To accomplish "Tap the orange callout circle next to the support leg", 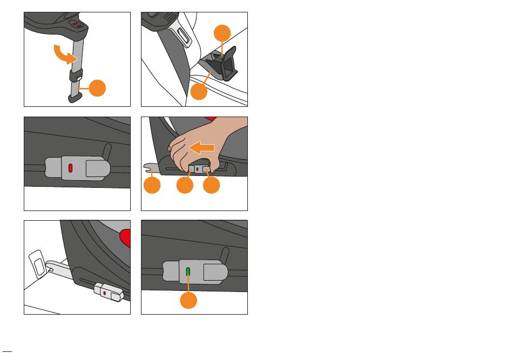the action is click(97, 88).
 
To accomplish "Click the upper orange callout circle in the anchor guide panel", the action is click(222, 34).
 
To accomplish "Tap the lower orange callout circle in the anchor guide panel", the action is click(199, 91).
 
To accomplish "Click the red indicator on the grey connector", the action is click(71, 167).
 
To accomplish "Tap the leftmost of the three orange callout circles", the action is click(153, 186).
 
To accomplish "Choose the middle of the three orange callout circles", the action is click(185, 186).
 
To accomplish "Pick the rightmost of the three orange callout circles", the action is click(212, 186).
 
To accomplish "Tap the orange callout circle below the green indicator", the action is click(188, 300).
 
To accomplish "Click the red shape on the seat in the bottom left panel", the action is click(126, 239).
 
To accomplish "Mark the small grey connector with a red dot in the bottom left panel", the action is click(107, 291).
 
